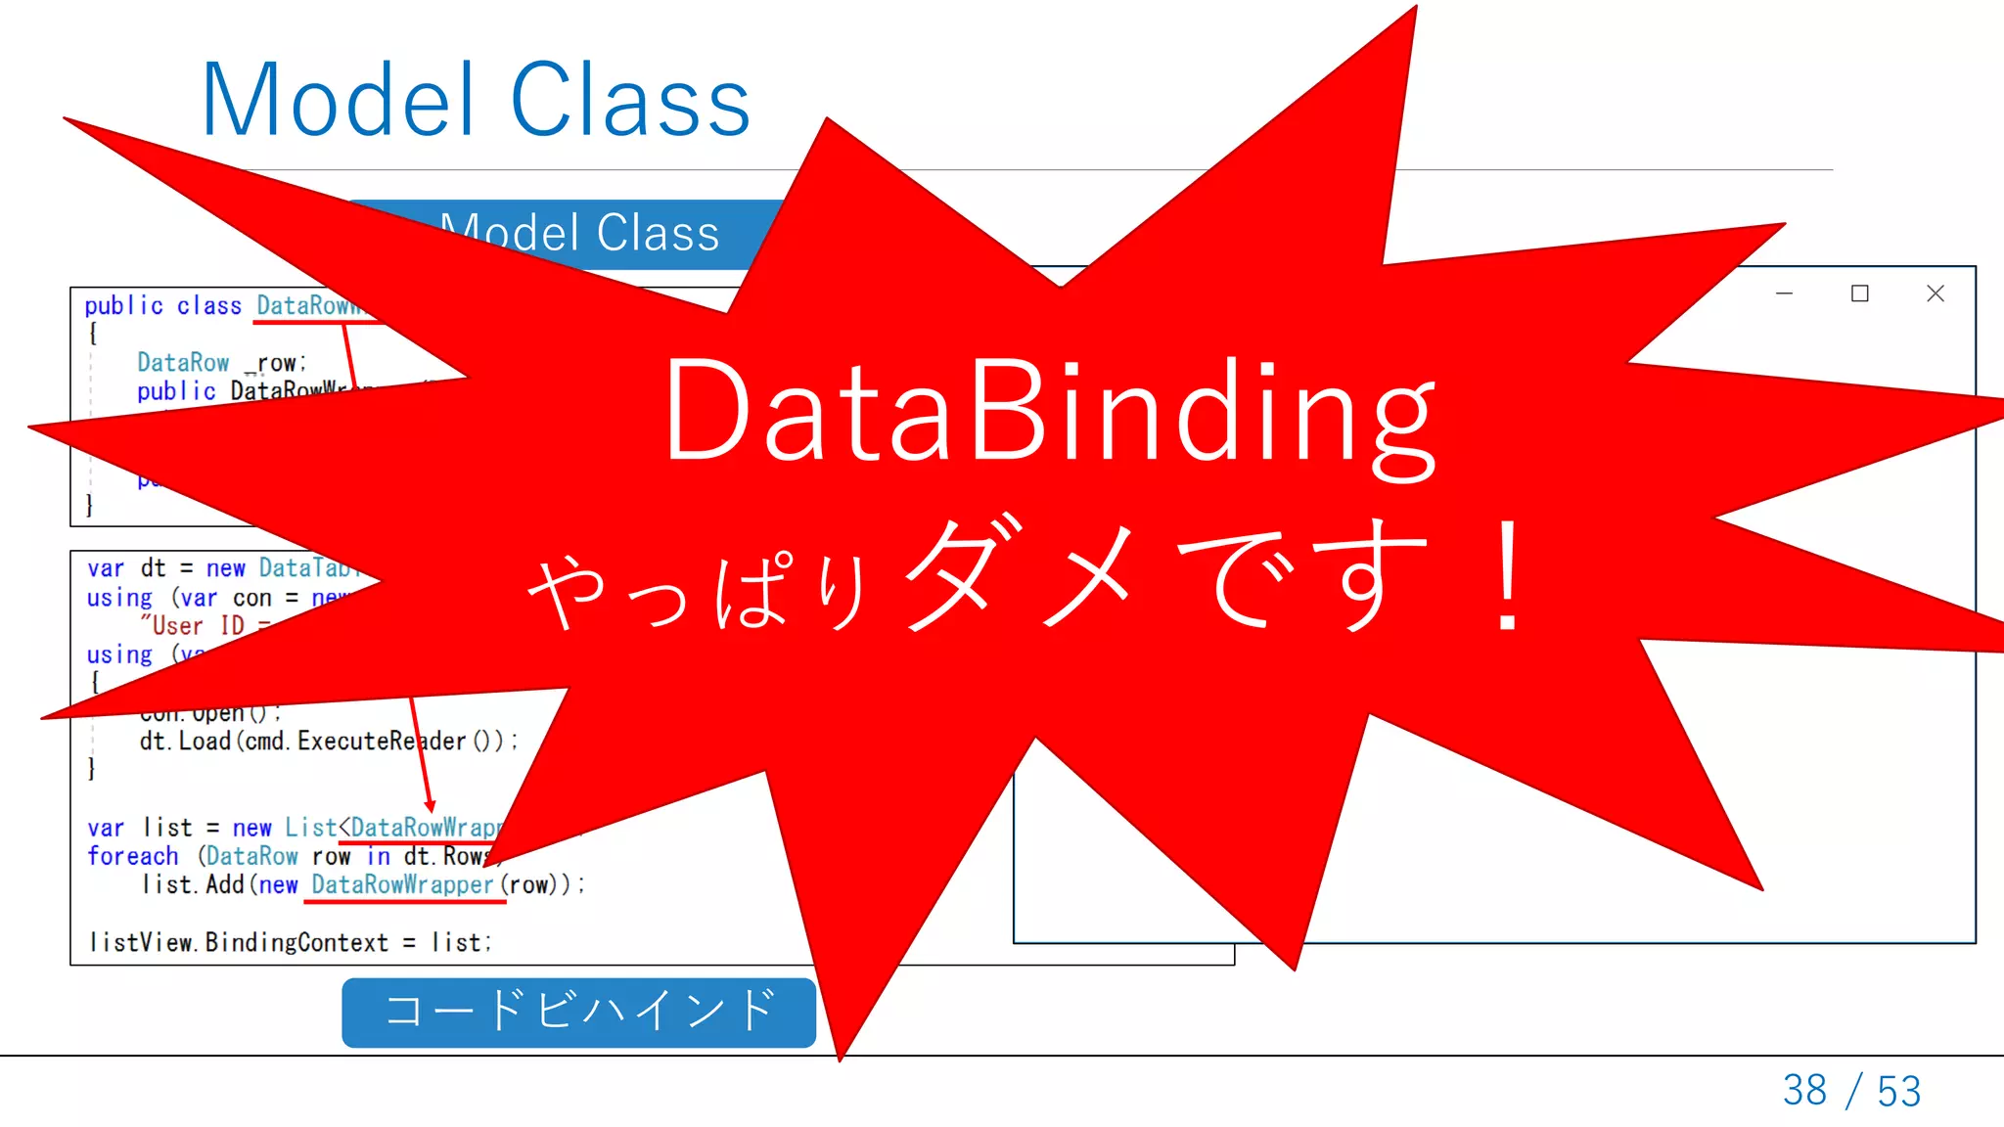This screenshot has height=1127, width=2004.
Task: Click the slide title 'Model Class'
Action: pyautogui.click(x=476, y=100)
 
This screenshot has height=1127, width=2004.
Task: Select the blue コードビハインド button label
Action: pyautogui.click(x=579, y=1012)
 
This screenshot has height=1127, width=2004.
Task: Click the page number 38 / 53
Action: pyautogui.click(x=1851, y=1090)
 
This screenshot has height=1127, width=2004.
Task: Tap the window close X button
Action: pyautogui.click(x=1935, y=293)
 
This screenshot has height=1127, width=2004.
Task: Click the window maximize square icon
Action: pyautogui.click(x=1859, y=293)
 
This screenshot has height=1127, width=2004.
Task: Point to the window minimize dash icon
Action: pyautogui.click(x=1784, y=293)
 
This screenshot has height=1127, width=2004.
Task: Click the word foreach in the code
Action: pyautogui.click(x=133, y=856)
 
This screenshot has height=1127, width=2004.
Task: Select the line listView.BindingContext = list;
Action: pyautogui.click(x=291, y=942)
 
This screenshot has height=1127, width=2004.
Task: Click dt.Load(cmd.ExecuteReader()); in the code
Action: pyautogui.click(x=328, y=742)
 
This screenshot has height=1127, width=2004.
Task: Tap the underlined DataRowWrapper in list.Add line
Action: pyautogui.click(x=402, y=885)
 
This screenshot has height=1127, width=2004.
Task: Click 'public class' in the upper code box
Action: pyautogui.click(x=162, y=306)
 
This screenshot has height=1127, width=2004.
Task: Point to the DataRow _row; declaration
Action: pyautogui.click(x=221, y=363)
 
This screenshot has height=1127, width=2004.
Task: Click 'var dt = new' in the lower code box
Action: pyautogui.click(x=166, y=568)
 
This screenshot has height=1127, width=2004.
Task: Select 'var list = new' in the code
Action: pyautogui.click(x=179, y=828)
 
